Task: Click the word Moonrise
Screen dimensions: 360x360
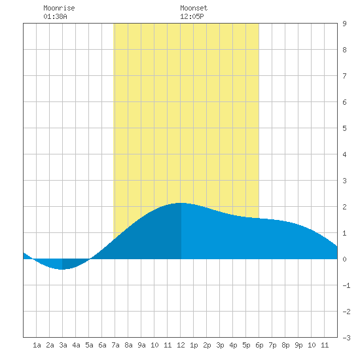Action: (x=59, y=8)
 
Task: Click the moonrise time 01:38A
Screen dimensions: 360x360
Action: (x=55, y=16)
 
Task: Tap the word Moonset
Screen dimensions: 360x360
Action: (x=194, y=8)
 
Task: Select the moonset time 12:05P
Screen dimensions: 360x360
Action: (x=192, y=16)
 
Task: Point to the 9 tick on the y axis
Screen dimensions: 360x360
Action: (x=344, y=24)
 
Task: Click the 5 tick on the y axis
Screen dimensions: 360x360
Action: (x=344, y=128)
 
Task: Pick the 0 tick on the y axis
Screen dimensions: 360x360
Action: (x=344, y=259)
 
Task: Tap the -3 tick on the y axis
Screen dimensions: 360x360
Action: (x=346, y=338)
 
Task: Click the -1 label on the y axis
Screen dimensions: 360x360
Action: (x=346, y=285)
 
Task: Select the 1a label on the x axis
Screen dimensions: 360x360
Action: (x=37, y=345)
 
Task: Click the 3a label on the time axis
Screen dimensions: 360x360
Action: (x=63, y=345)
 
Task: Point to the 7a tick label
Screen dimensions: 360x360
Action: (x=115, y=345)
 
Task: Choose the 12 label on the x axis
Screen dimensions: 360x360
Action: (x=181, y=345)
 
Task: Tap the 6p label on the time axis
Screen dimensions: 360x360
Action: (x=259, y=345)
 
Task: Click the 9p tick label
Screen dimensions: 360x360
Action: (x=298, y=345)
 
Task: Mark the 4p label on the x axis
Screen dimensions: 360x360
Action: (x=233, y=345)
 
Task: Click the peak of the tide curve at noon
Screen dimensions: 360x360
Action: (x=181, y=203)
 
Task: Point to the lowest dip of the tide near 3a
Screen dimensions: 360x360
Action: (x=62, y=269)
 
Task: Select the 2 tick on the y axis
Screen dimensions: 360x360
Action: (x=344, y=207)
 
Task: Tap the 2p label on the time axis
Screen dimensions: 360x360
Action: (x=207, y=345)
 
